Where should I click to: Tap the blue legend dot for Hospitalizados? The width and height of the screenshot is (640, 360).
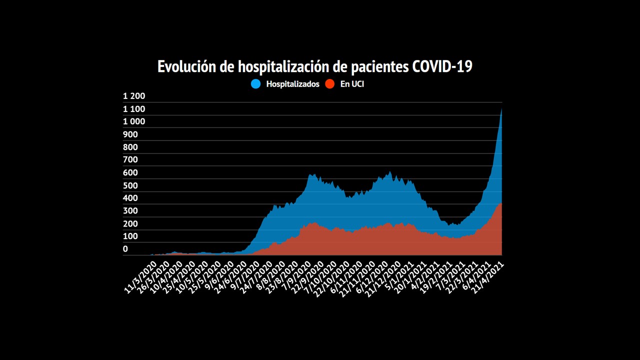point(256,84)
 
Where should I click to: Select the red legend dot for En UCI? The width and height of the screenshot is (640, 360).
point(330,84)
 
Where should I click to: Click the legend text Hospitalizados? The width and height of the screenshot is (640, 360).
point(292,84)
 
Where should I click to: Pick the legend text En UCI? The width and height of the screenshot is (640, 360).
point(352,84)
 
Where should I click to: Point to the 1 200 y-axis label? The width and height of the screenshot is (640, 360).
point(134,96)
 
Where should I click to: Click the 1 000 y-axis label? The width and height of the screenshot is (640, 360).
point(134,121)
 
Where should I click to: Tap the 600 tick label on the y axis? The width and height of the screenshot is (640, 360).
point(130,172)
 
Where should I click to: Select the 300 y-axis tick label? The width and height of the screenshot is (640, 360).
point(130,210)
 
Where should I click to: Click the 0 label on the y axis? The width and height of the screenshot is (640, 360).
point(125,249)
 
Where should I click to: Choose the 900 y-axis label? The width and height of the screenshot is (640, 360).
point(130,134)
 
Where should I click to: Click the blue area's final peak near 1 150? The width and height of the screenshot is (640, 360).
point(501,110)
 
